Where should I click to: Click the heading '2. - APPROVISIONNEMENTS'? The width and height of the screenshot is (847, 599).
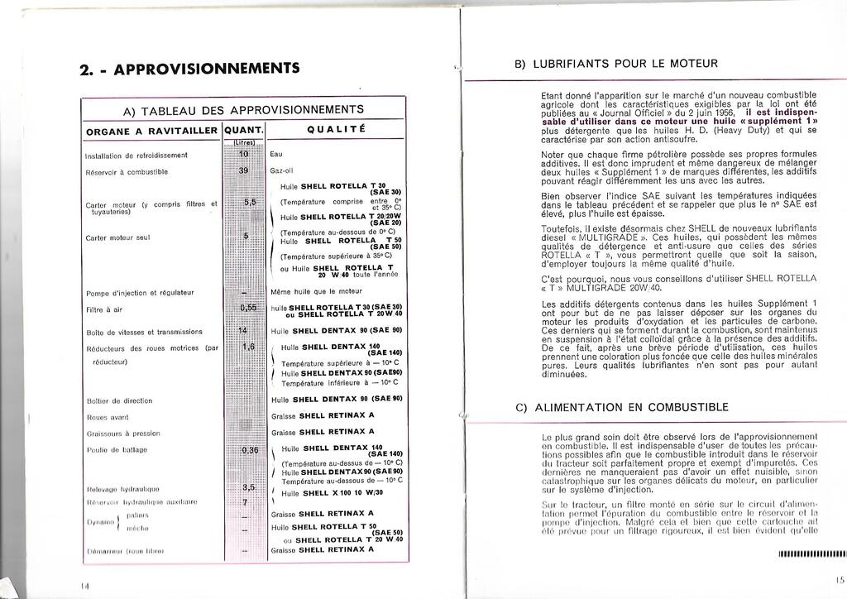(x=189, y=69)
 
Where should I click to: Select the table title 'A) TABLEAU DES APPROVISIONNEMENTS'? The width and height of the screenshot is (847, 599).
(x=243, y=110)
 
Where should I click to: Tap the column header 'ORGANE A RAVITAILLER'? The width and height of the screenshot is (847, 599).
(x=151, y=130)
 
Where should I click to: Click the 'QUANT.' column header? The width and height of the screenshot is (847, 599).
(x=244, y=130)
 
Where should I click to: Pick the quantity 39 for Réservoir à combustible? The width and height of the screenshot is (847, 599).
(x=243, y=170)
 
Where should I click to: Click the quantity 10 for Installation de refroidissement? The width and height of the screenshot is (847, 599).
(x=243, y=154)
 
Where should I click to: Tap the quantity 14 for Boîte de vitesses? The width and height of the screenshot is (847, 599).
(x=243, y=330)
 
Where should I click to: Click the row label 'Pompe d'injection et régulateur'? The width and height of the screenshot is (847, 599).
(x=140, y=293)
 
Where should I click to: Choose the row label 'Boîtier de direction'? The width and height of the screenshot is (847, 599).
(x=120, y=400)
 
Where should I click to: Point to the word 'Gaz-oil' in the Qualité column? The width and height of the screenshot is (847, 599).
(x=282, y=170)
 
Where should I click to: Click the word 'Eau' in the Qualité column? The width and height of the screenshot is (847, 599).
(x=276, y=154)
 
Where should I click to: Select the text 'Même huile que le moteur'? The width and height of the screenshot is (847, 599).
(x=316, y=292)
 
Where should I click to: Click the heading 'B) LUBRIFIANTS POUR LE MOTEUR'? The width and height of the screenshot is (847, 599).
(x=616, y=64)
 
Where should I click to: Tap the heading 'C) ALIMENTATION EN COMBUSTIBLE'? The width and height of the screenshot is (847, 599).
(x=621, y=407)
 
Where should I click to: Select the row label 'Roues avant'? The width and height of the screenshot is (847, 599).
(x=108, y=417)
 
